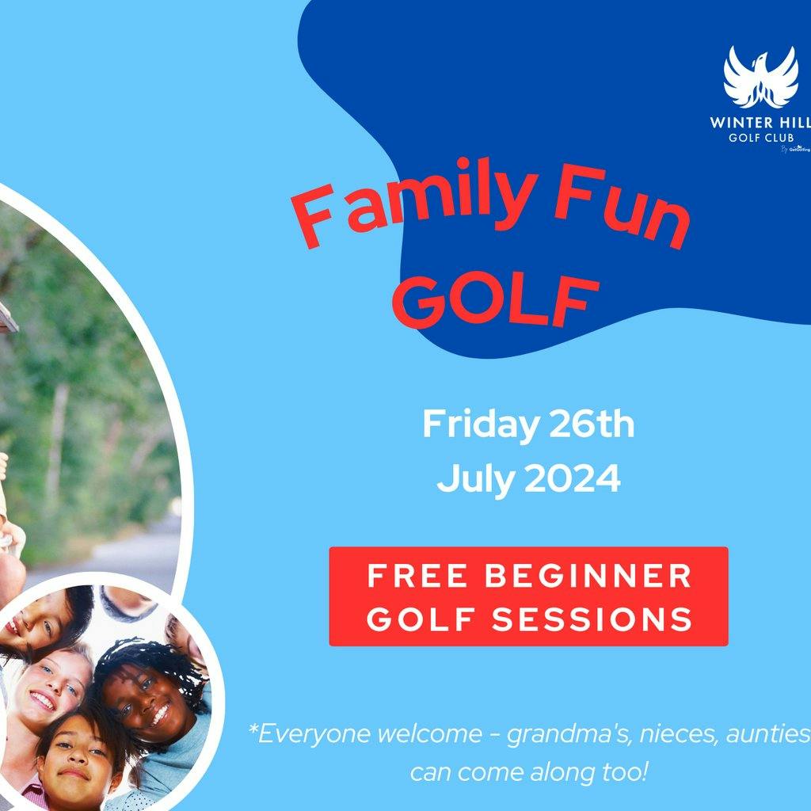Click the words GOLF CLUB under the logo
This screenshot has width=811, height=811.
click(x=760, y=136)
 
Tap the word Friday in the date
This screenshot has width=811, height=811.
click(x=479, y=425)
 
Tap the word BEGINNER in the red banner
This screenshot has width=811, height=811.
click(x=588, y=577)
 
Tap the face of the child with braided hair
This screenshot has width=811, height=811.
click(x=147, y=705)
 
